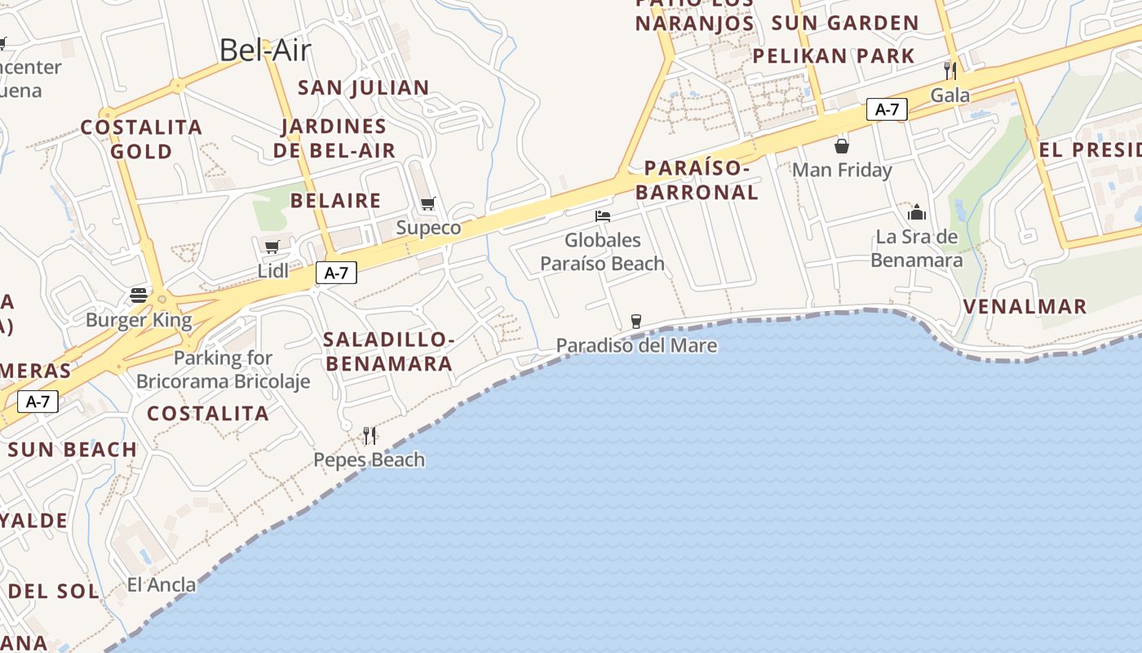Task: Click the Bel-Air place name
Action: pos(265,51)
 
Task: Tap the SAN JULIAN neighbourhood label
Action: pos(364,87)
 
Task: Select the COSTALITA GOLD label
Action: pos(141,139)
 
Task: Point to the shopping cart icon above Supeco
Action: pos(428,203)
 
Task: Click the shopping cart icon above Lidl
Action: pos(272,247)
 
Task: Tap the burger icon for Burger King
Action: pos(139,295)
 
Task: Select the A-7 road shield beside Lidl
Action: pos(336,273)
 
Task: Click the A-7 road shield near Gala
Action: pos(887,109)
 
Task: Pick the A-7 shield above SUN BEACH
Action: pos(38,401)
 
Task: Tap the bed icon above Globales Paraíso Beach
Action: pos(603,216)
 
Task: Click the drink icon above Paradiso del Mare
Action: pos(636,322)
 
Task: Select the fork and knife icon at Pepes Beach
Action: pos(370,436)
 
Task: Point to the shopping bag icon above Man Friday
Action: pos(842,146)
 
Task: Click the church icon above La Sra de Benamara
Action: pos(917,213)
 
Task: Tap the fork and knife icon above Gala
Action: pos(949,70)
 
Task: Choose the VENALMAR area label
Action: pos(1025,307)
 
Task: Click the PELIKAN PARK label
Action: pos(834,56)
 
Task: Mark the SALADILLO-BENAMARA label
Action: pos(388,351)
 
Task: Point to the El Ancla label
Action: pos(162,584)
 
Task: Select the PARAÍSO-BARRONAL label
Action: pos(697,180)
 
